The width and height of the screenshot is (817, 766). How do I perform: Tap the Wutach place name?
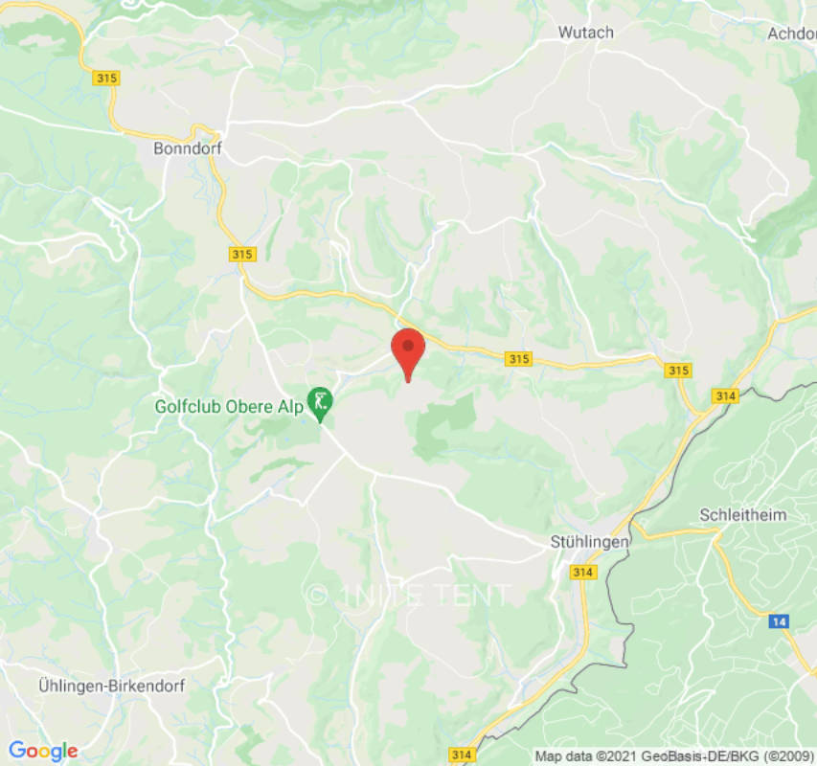[x=585, y=33]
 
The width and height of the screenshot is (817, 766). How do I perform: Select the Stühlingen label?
[x=589, y=542]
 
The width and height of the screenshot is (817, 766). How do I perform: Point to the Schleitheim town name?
[x=743, y=515]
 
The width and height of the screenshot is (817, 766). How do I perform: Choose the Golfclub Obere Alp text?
[x=229, y=406]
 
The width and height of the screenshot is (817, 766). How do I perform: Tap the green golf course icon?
[x=319, y=401]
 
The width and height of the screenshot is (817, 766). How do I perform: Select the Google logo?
[x=42, y=752]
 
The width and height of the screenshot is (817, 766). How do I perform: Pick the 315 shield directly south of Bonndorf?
[x=242, y=254]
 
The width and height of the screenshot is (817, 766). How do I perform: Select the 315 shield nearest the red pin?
[x=518, y=359]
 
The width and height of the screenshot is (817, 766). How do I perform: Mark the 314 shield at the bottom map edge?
[x=462, y=755]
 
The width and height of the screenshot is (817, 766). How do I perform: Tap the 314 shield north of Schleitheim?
[x=724, y=395]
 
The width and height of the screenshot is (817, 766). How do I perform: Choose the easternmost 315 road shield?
[x=678, y=371]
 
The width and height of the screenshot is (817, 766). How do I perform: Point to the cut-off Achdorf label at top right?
[x=791, y=34]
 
